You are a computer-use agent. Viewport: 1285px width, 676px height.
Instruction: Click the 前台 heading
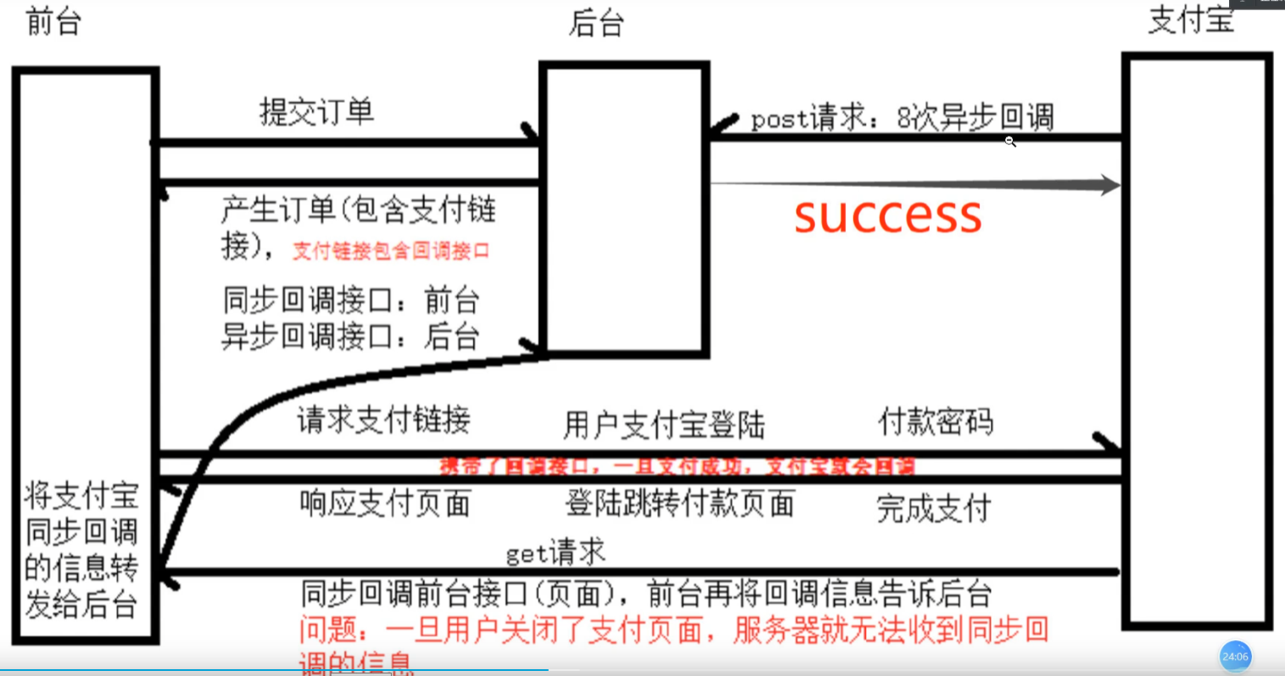[53, 21]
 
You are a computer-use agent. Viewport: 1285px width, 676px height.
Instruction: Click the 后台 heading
[596, 23]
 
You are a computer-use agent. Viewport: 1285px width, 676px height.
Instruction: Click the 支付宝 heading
[1191, 19]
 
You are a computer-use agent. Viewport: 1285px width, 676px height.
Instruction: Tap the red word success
[888, 215]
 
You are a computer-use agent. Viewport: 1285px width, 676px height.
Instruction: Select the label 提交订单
[316, 111]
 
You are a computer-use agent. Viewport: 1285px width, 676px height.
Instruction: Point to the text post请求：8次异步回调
[902, 118]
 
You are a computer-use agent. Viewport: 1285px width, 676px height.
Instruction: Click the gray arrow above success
[916, 184]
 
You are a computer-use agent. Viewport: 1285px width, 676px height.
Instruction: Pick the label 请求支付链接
[383, 419]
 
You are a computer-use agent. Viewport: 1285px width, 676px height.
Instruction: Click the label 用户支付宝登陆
[664, 424]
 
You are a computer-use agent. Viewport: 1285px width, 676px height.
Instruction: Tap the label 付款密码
[936, 421]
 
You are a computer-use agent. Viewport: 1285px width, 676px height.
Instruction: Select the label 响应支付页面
[385, 504]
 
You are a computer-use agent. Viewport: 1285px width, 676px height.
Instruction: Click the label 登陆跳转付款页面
[680, 503]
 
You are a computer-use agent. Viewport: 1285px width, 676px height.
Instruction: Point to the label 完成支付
[934, 508]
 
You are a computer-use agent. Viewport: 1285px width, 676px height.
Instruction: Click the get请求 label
[556, 553]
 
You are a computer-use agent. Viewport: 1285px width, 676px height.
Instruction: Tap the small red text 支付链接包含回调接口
[391, 250]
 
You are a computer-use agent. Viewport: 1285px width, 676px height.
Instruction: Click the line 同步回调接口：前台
[351, 299]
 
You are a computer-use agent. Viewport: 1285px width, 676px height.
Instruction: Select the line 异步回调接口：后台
[351, 336]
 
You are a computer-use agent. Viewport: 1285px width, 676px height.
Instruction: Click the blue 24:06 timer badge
[1235, 656]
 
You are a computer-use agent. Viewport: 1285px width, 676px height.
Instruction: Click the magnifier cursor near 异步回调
[1010, 142]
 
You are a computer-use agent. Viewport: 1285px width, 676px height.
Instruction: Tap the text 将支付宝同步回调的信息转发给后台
[81, 549]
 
